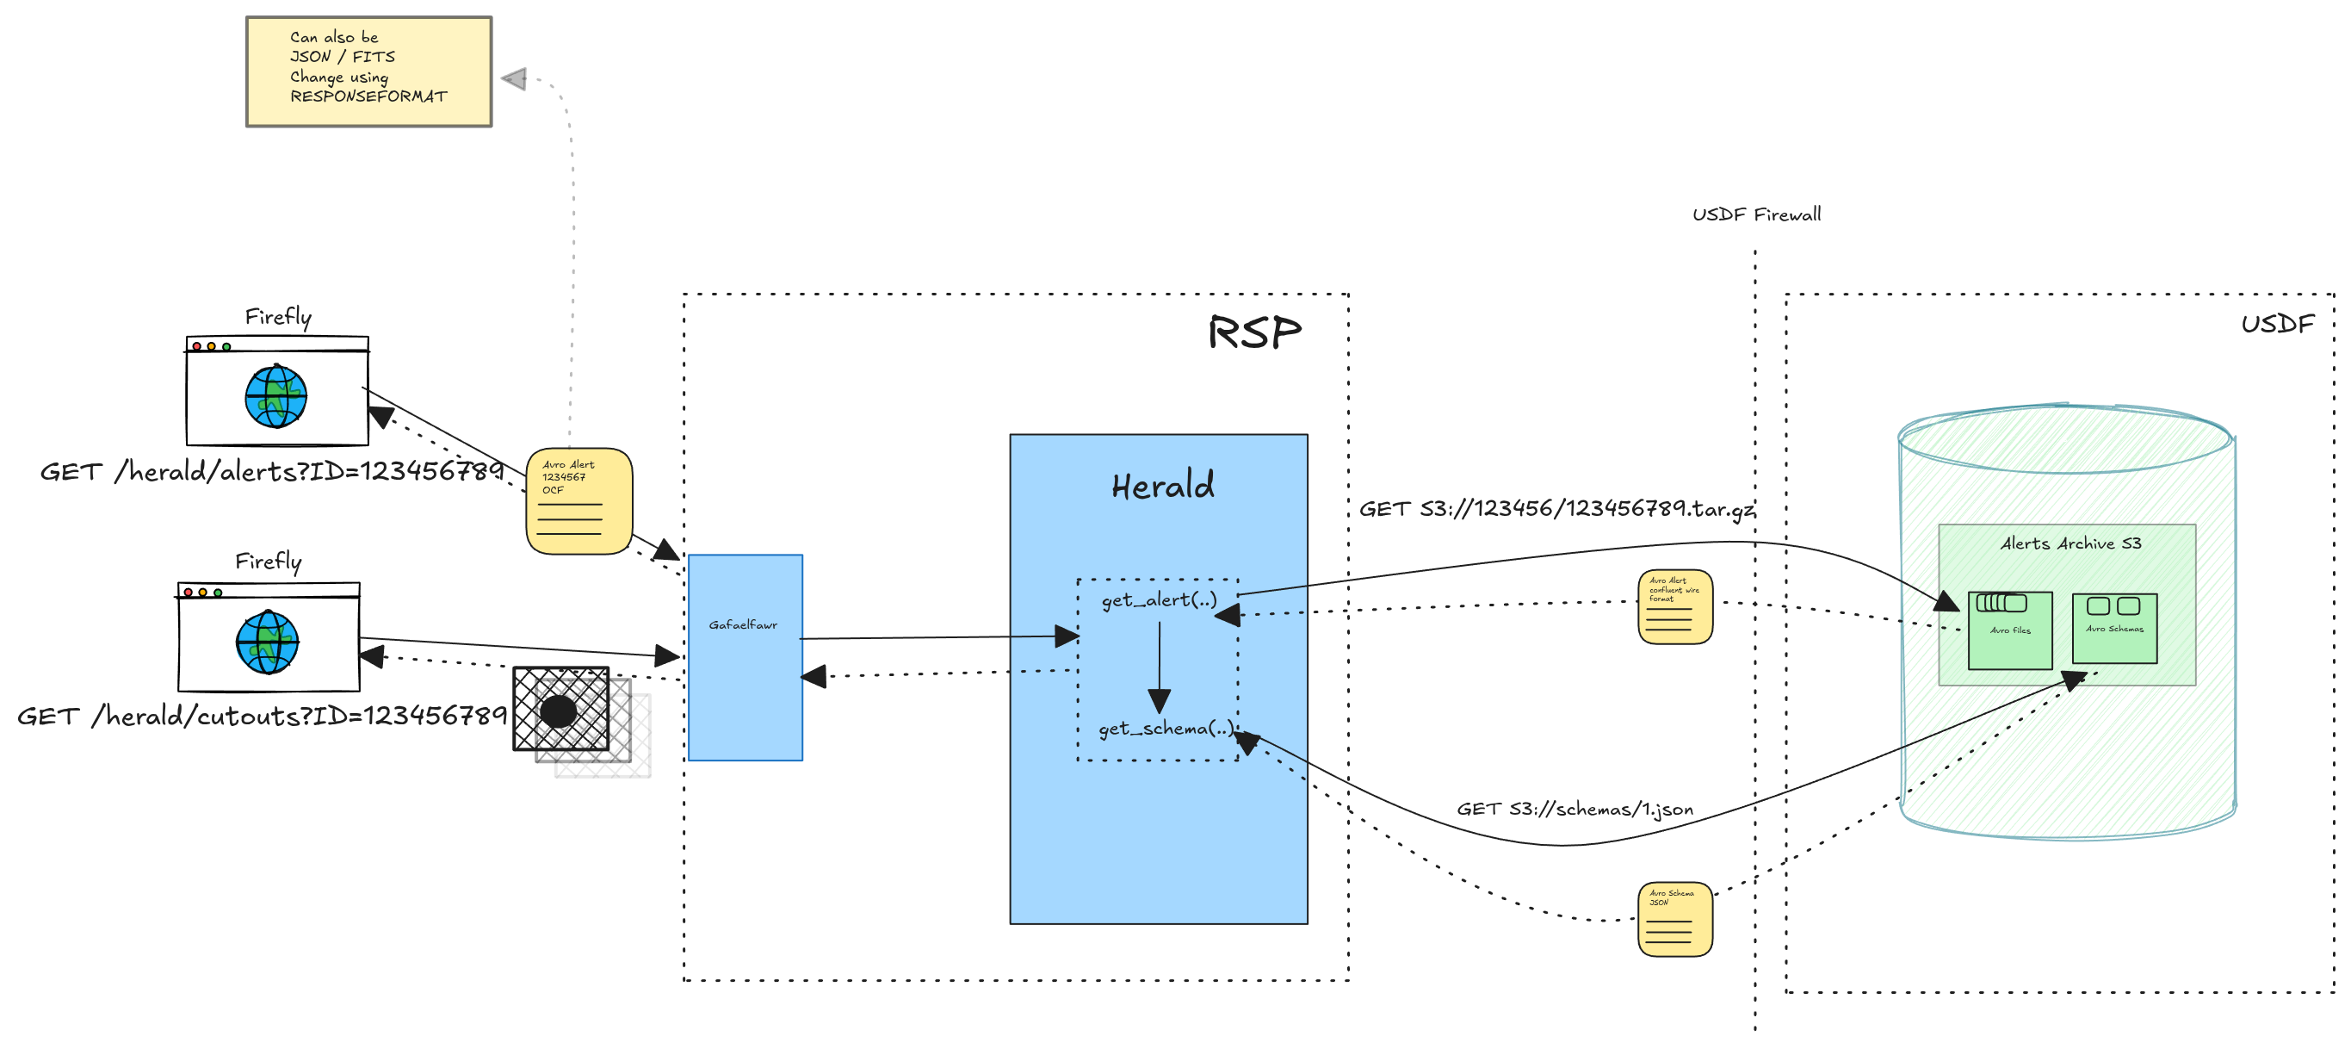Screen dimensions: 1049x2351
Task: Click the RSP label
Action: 1254,332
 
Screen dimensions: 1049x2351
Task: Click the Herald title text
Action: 1163,486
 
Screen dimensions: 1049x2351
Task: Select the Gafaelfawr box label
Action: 743,625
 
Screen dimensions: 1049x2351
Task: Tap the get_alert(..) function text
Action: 1159,599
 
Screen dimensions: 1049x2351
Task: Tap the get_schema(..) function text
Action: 1166,729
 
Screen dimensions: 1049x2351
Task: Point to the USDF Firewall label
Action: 1756,214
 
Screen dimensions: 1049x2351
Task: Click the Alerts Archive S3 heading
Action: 2069,543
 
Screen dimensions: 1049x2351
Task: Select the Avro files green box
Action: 2009,630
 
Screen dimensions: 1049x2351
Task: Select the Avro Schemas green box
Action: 2113,628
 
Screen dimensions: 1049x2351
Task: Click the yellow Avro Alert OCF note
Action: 578,500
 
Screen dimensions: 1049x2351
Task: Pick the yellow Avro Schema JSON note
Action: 1674,918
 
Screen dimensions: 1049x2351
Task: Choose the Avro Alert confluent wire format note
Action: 1674,606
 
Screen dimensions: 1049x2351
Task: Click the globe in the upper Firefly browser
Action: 275,396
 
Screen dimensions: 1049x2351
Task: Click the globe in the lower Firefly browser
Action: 267,642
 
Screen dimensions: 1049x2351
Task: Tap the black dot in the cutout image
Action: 559,711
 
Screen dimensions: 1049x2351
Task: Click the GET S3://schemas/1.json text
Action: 1575,809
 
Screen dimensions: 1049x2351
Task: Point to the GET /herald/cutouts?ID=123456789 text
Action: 262,716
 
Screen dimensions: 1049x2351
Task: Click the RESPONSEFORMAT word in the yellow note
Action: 368,96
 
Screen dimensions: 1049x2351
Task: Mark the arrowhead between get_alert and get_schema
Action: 1159,701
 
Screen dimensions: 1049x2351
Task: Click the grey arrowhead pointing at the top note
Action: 515,79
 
